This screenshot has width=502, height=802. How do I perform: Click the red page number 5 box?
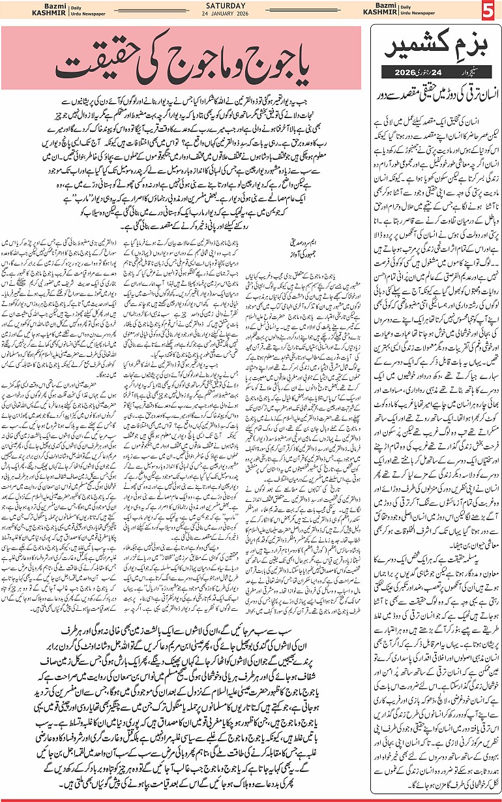coord(488,12)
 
